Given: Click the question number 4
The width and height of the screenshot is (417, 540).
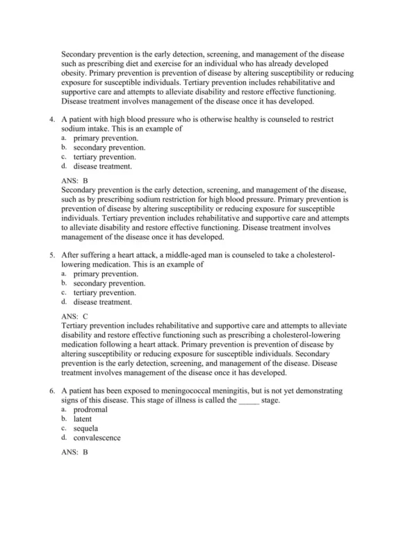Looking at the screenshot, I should pyautogui.click(x=52, y=120).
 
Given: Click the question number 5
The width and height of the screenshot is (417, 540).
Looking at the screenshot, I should pyautogui.click(x=52, y=255).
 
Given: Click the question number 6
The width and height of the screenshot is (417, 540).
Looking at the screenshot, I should pyautogui.click(x=52, y=391).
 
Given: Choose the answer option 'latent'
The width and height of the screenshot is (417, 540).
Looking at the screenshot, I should pyautogui.click(x=83, y=420).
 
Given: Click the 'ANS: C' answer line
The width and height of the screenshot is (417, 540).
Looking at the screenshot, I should pyautogui.click(x=74, y=316).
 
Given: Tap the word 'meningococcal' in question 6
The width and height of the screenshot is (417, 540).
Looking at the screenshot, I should pyautogui.click(x=171, y=391).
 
